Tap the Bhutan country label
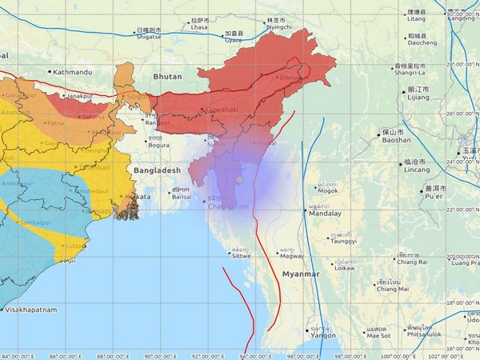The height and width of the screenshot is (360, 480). tap(167, 77)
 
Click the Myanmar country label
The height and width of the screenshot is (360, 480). tap(300, 274)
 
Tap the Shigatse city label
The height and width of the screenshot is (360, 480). tap(148, 35)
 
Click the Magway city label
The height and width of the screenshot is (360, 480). tap(290, 255)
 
